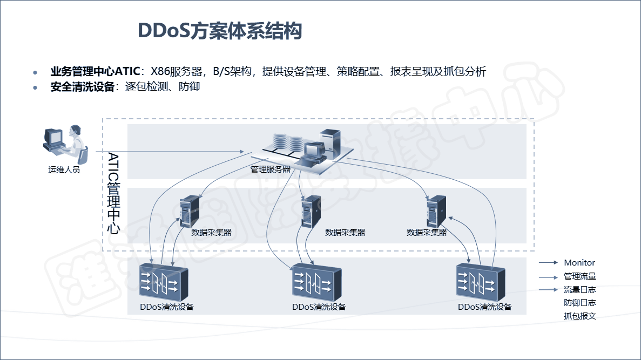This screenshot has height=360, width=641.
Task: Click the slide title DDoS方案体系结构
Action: coord(220,31)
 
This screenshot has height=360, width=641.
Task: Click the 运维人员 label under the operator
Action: coord(64,170)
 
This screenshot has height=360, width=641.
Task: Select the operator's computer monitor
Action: coord(53,138)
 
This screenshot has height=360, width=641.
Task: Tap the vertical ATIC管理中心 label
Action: coord(113,193)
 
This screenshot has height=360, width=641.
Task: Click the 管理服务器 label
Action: coord(270,169)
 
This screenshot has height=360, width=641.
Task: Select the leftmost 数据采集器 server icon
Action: coord(190,211)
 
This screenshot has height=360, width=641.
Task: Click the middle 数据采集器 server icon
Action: coord(311,211)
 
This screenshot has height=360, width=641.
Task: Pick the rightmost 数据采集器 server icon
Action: coord(436,211)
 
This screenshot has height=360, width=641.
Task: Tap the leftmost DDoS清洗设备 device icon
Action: coord(164,282)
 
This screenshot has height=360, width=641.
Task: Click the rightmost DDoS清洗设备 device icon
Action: coord(480,282)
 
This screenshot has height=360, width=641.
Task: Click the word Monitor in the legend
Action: coord(579,263)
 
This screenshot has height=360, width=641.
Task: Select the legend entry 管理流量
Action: coord(579,276)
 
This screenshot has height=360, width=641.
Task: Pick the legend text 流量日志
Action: coord(579,290)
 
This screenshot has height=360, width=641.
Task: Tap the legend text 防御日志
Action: coord(579,303)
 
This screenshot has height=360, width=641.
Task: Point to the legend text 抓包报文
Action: coord(579,316)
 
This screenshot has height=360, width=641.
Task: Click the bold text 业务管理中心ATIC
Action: coord(95,71)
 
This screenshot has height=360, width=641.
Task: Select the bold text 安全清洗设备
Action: coord(83,87)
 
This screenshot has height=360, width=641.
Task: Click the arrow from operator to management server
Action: coord(170,152)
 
